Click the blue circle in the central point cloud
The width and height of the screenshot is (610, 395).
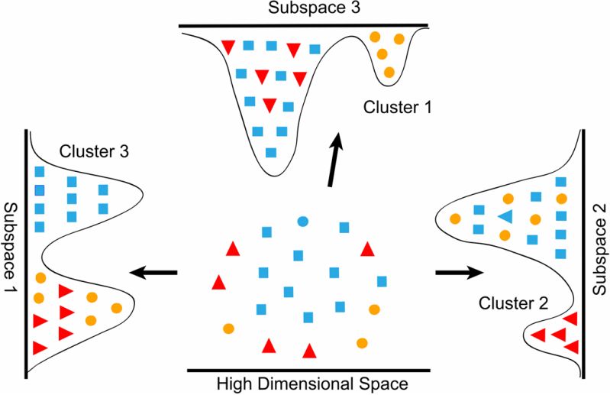point(302,222)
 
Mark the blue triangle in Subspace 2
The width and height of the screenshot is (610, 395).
point(505,216)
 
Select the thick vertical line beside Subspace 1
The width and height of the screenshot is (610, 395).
point(29,252)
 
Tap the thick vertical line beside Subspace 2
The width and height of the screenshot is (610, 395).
point(583,244)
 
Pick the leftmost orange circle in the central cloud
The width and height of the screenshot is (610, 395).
point(228,329)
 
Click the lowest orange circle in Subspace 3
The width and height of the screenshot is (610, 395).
point(389,73)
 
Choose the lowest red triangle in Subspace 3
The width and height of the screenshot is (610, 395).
point(269,105)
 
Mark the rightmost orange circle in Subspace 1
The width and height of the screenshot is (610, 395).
point(117,308)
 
